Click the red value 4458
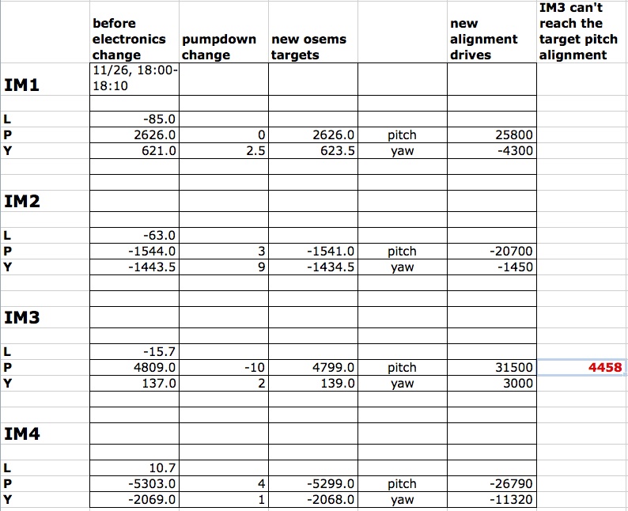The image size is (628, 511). (x=606, y=368)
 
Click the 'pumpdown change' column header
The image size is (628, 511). (x=219, y=47)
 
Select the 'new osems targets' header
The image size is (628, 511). (x=308, y=47)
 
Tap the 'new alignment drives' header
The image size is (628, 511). (x=483, y=39)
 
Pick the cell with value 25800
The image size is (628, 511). (x=516, y=135)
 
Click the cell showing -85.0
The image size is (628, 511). (x=157, y=119)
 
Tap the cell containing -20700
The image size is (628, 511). (x=513, y=252)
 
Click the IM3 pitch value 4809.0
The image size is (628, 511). (x=155, y=368)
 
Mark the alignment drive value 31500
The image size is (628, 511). (x=516, y=368)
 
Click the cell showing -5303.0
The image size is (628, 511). (x=153, y=484)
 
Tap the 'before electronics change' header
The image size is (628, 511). (x=129, y=39)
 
